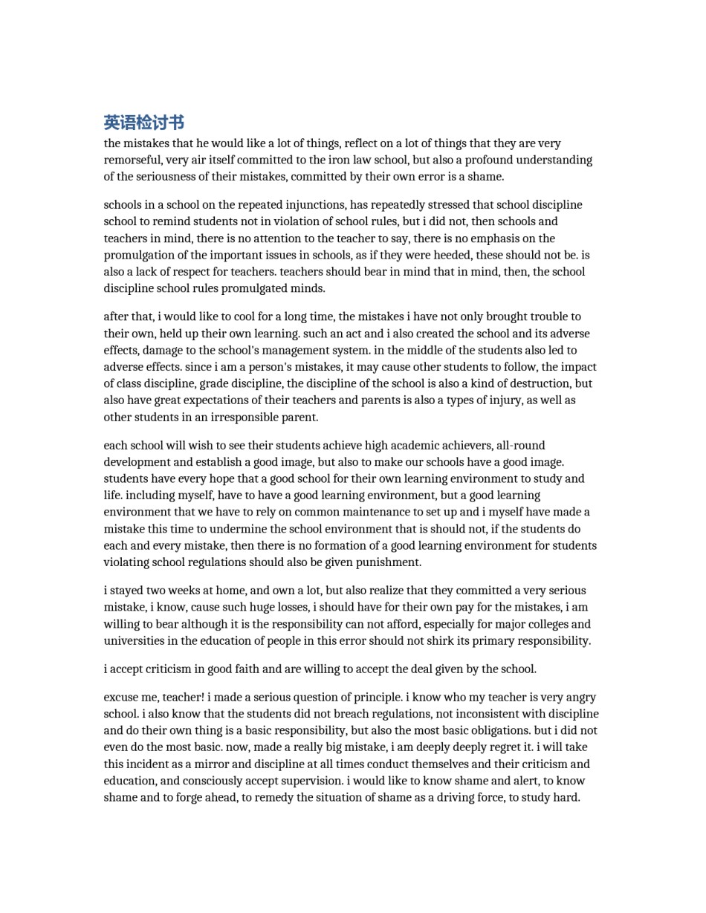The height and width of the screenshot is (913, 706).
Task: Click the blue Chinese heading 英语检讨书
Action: (143, 123)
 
